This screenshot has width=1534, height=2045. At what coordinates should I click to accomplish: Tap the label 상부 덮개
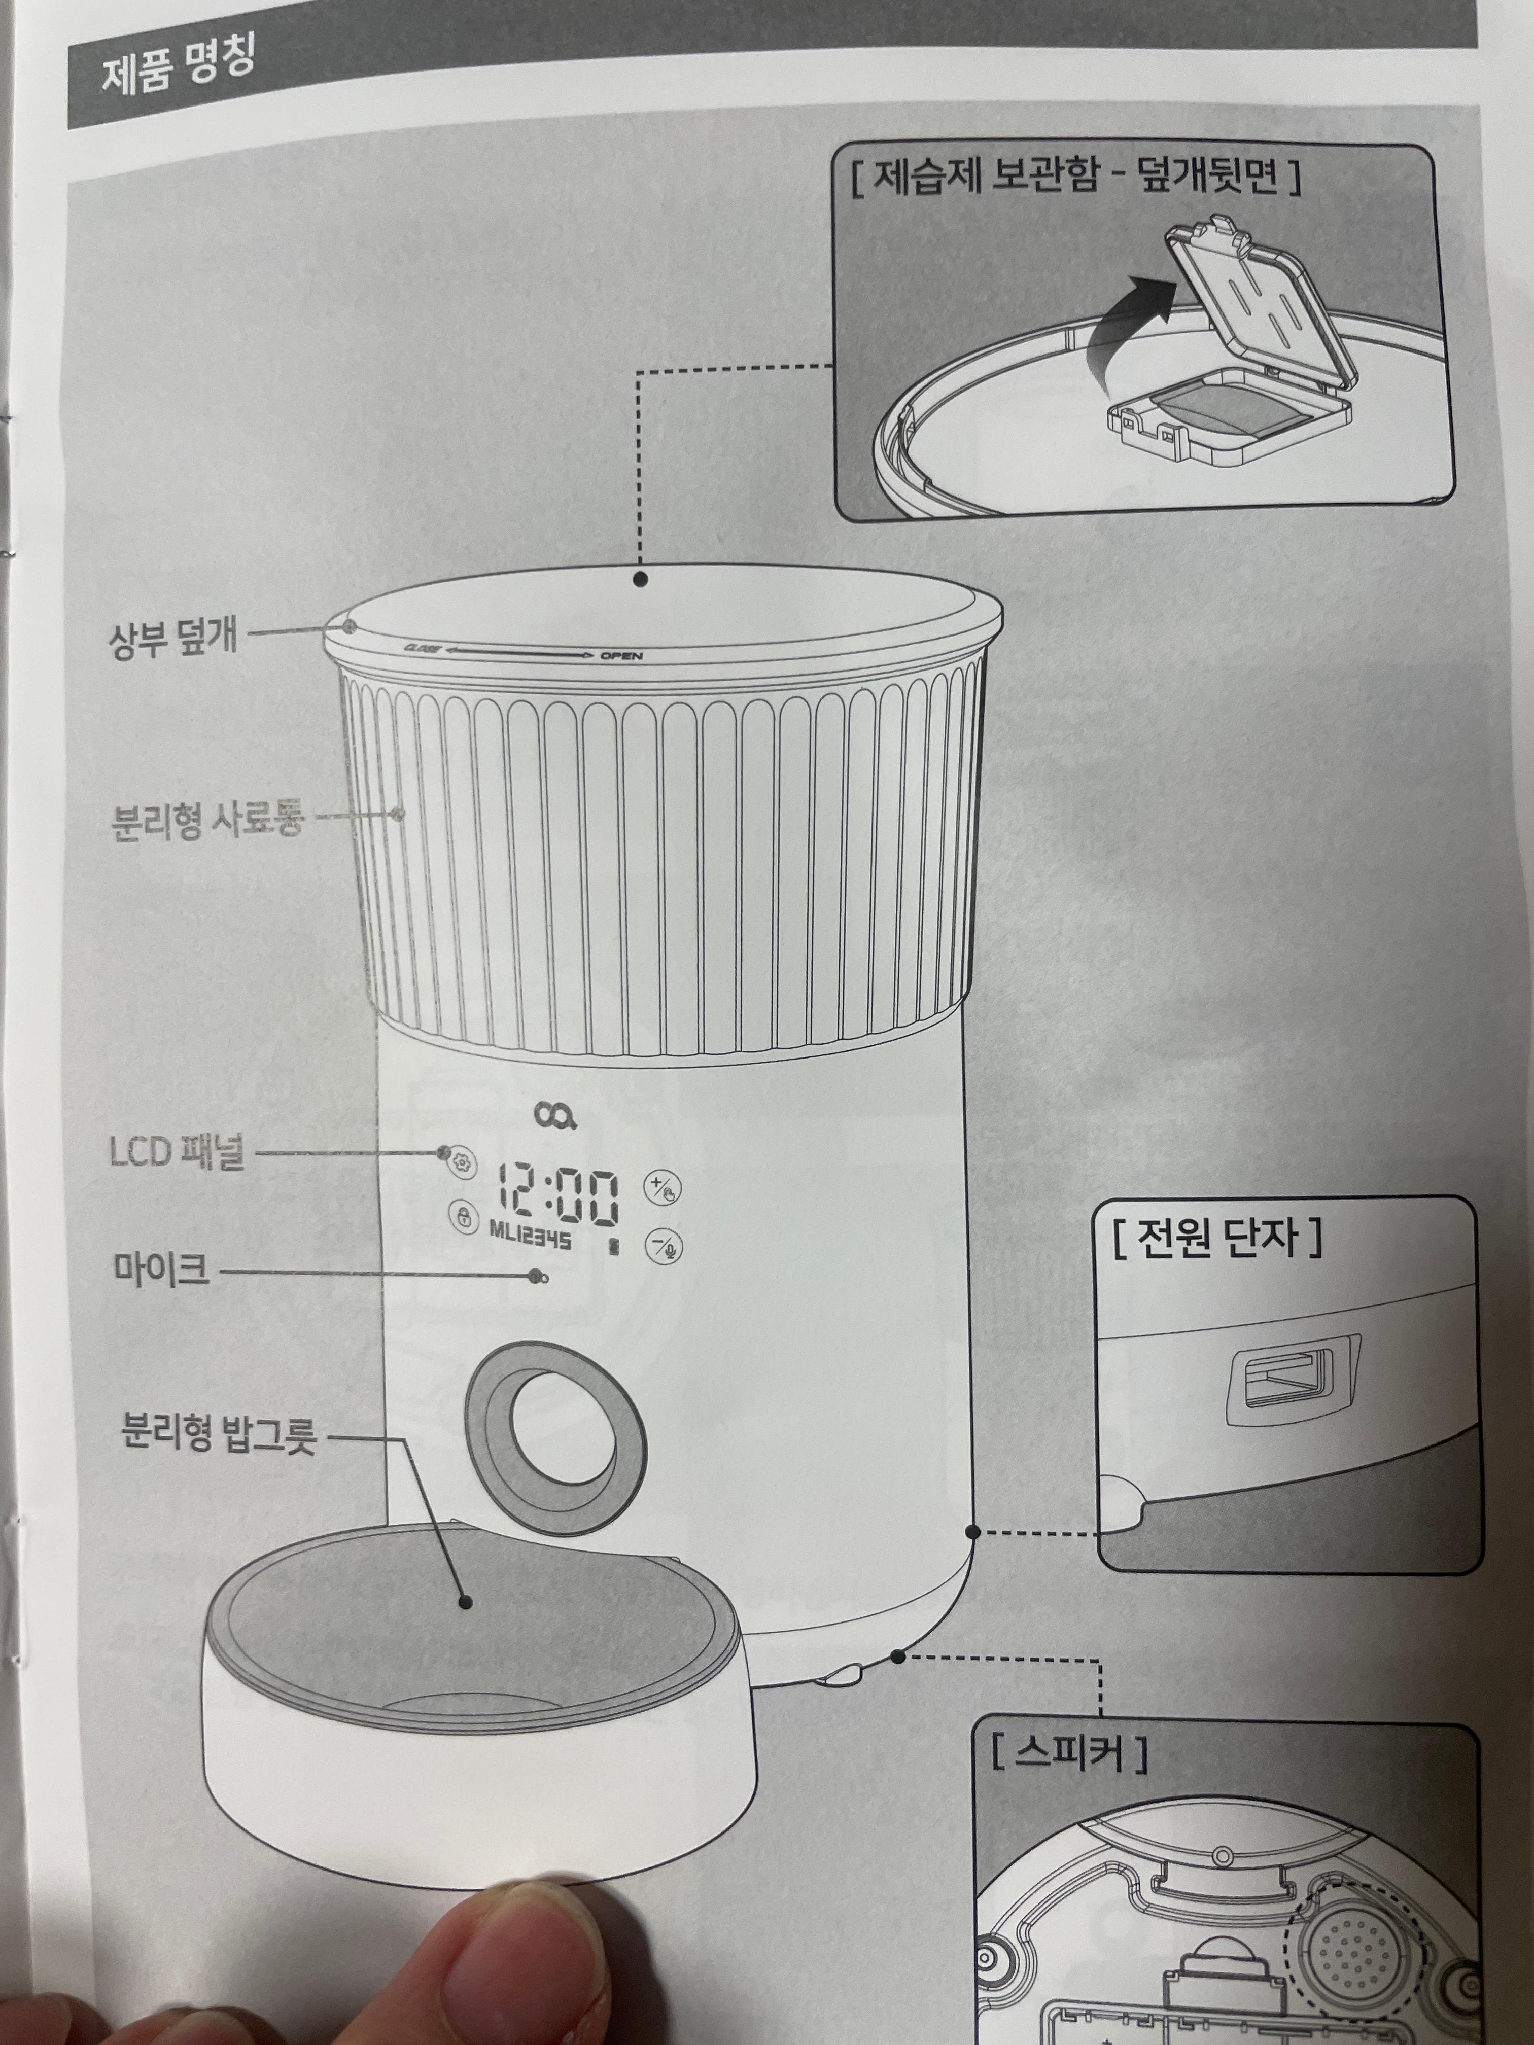pos(174,638)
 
